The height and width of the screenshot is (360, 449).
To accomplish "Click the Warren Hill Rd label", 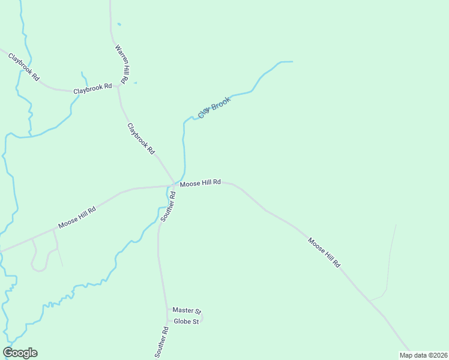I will point(121,63).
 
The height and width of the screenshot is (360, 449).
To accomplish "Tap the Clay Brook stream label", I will point(214,108).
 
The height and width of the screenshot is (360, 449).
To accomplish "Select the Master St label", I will point(186,310).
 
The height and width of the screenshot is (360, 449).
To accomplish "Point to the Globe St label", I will point(185,322).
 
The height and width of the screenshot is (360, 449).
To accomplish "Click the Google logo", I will point(20,353).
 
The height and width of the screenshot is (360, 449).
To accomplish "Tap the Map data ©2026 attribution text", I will point(423,355).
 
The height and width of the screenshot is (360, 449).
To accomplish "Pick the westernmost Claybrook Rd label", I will point(23,67).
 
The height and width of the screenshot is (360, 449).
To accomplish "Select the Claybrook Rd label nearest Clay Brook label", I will point(141,139).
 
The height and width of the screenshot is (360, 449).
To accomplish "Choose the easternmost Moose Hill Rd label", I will point(324,252).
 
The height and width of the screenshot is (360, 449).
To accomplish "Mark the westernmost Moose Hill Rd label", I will point(77,218).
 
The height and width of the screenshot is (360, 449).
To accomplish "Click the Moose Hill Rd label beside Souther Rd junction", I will point(200,182).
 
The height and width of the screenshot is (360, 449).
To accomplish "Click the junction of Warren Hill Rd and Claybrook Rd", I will point(119,86).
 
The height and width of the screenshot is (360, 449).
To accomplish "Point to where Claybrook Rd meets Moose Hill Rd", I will point(175,183).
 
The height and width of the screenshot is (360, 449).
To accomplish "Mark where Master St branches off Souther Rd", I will point(168,309).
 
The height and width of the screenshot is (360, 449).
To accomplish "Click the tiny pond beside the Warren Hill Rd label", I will point(135,83).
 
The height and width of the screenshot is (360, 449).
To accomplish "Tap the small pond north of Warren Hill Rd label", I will point(119,24).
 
